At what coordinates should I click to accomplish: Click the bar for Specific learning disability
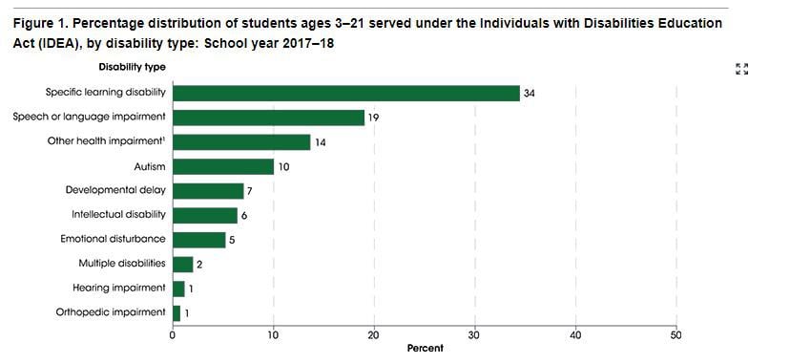pos(345,93)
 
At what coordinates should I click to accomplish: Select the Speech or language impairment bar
pos(268,118)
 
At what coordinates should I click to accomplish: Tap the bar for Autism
pos(222,166)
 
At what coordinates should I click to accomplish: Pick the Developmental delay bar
pos(207,191)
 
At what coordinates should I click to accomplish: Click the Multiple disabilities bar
pos(182,264)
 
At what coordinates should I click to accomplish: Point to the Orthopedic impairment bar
pos(177,312)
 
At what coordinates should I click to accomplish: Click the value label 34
pos(530,94)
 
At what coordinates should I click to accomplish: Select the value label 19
pos(375,118)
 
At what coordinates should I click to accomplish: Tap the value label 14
pos(321,142)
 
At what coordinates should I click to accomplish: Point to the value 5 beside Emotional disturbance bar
pos(232,240)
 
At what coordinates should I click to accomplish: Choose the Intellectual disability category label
pos(117,214)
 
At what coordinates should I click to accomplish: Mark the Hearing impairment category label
pos(118,287)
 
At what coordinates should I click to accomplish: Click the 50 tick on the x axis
pos(676,334)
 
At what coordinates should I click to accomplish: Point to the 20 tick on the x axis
pos(374,334)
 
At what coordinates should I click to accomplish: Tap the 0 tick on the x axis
pos(173,334)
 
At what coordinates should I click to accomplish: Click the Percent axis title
pos(425,349)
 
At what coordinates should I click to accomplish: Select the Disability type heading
pos(132,67)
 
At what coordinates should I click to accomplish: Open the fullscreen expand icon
pos(741,69)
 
